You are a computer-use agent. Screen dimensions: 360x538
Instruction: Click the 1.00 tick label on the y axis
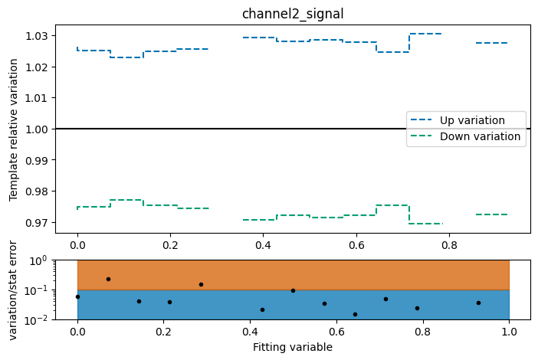pos(36,129)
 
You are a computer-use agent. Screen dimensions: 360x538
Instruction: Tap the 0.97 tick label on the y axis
pos(36,223)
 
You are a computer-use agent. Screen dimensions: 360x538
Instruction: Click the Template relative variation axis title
pos(13,128)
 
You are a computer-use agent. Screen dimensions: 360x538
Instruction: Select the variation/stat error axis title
pos(13,290)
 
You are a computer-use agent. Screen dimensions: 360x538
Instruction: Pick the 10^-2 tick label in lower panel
pos(38,320)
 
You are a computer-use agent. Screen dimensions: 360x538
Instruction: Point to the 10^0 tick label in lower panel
pos(38,260)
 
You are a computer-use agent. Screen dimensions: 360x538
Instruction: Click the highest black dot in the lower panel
pos(108,279)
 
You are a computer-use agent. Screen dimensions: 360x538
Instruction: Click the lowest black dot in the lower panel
pos(355,314)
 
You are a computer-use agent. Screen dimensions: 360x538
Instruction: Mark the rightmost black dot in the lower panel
pos(478,303)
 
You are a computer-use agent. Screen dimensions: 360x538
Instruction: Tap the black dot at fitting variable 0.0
pos(77,296)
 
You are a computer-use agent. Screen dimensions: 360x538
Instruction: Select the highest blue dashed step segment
pos(425,34)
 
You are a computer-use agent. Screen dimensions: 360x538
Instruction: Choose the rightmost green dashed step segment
pos(491,214)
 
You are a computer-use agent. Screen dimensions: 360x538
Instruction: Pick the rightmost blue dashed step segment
pos(491,43)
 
